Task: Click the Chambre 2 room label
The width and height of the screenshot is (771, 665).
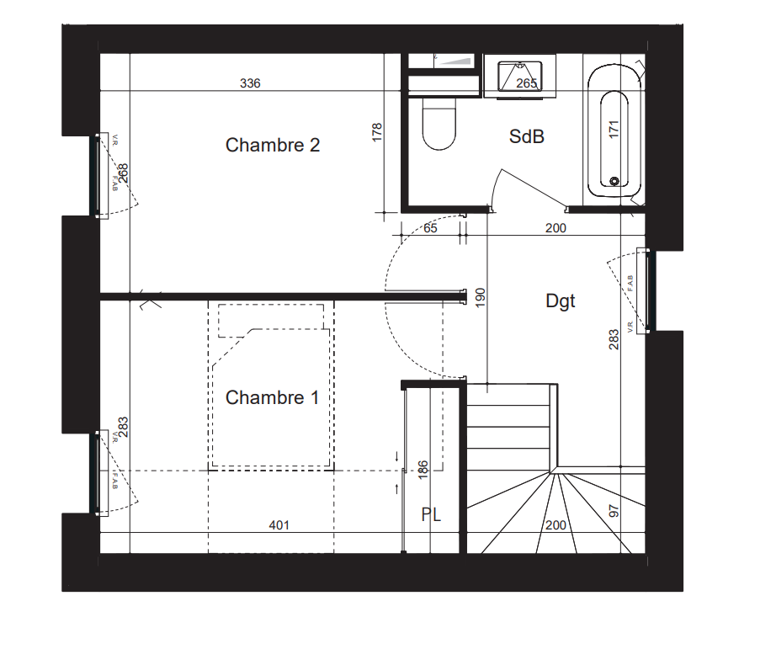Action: (273, 145)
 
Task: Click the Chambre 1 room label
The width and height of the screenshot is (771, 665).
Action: (272, 397)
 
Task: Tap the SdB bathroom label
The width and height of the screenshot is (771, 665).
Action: (527, 136)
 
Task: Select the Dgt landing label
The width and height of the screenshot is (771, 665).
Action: (560, 301)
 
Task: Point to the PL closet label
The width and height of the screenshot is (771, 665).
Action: (431, 515)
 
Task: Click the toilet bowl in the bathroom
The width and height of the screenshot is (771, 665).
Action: (439, 123)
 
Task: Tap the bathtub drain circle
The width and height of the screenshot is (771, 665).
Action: (614, 181)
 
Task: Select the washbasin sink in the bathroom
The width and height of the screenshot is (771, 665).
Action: (519, 77)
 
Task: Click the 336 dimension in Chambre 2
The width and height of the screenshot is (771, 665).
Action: (250, 83)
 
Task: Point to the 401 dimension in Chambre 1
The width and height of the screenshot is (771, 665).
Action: (279, 525)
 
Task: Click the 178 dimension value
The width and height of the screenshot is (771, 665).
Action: (376, 133)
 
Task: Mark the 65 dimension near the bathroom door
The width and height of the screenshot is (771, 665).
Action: (430, 228)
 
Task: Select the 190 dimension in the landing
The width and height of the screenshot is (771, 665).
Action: (481, 298)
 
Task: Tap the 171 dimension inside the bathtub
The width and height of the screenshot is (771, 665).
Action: (614, 130)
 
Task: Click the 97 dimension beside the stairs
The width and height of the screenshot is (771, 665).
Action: (614, 511)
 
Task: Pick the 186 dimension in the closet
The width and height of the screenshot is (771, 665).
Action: (423, 470)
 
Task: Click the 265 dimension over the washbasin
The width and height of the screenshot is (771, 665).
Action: (526, 83)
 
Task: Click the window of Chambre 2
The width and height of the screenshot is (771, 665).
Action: (98, 176)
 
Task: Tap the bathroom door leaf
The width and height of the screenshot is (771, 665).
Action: (534, 189)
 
